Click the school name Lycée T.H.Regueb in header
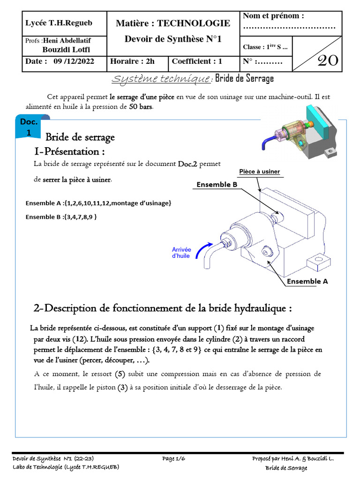point(59,23)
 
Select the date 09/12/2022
point(74,61)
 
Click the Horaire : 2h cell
point(132,61)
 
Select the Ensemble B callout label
point(217,185)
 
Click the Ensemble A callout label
point(307,282)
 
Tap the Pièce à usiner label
point(259,172)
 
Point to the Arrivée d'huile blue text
point(181,253)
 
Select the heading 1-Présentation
point(69,151)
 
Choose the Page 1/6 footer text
point(173,459)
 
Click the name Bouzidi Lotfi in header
point(66,50)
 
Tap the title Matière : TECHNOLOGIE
point(173,23)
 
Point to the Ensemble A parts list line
point(98,203)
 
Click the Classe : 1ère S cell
point(265,47)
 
